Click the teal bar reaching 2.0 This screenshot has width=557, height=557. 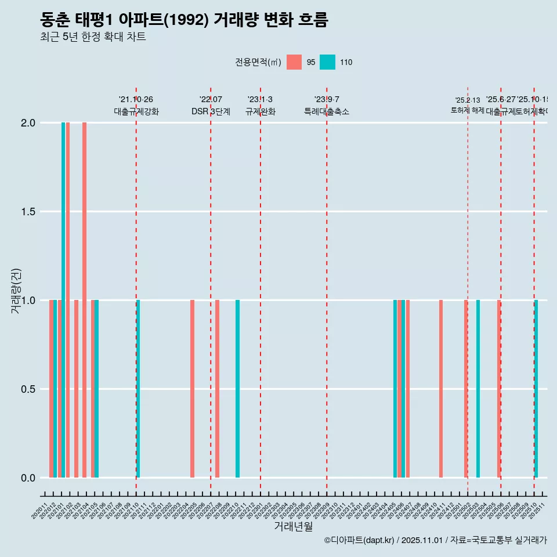63,300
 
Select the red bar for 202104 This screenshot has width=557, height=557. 84,300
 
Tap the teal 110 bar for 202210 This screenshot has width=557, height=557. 237,389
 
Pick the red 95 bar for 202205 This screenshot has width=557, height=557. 192,389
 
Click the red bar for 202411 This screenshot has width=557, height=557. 441,389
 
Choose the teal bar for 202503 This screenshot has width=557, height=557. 478,389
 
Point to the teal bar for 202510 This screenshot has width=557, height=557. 536,389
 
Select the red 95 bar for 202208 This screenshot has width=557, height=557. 217,389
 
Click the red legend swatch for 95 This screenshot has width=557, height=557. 294,62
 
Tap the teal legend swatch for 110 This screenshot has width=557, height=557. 328,62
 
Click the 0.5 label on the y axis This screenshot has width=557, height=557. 28,389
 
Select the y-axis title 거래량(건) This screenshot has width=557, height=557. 16,291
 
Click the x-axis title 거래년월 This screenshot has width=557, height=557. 293,526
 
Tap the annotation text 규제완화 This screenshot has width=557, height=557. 260,112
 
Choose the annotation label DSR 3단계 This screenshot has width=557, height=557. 211,112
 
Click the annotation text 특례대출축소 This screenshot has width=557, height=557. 327,112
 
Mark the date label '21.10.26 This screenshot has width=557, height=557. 136,100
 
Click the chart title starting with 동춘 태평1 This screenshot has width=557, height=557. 184,20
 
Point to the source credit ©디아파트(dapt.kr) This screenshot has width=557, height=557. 360,540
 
